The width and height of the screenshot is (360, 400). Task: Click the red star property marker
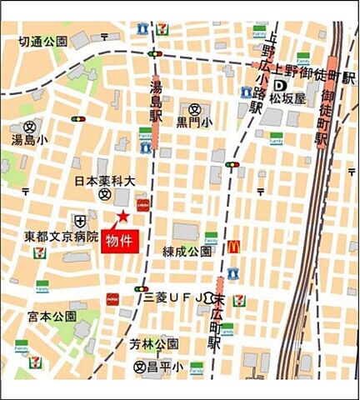pyautogui.click(x=122, y=217)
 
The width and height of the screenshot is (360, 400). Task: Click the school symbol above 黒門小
pyautogui.click(x=194, y=108)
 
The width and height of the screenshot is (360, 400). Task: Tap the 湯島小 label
pyautogui.click(x=31, y=140)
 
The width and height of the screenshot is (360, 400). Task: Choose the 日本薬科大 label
pyautogui.click(x=104, y=180)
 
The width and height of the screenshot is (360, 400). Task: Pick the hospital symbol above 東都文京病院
pyautogui.click(x=79, y=221)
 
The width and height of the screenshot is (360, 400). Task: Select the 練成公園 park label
pyautogui.click(x=187, y=251)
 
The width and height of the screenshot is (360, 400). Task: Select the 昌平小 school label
pyautogui.click(x=167, y=366)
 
